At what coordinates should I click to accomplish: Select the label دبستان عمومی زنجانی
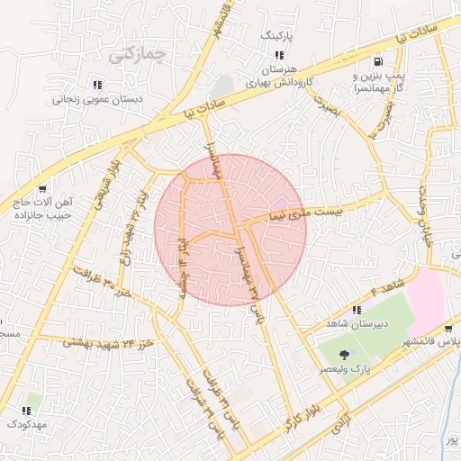(95, 101)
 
